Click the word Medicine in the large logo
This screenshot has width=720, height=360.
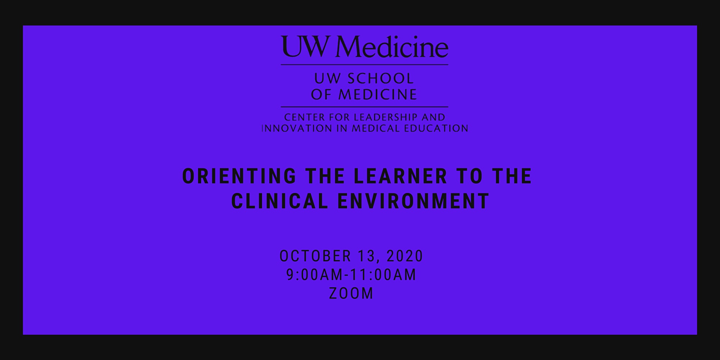point(392,47)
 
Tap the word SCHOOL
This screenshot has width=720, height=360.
point(381,78)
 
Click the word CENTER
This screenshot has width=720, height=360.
point(305,117)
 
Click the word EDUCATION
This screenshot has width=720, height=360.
point(436,129)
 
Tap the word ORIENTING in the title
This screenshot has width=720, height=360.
point(239,176)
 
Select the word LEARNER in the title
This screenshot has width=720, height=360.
point(401,176)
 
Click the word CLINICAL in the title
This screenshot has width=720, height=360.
point(280,201)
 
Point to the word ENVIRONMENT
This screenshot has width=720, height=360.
point(414,201)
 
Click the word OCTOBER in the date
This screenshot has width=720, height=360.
point(315,256)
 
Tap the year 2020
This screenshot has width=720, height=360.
point(405,256)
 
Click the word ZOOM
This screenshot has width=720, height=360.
point(351,293)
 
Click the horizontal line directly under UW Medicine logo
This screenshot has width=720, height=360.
point(364,65)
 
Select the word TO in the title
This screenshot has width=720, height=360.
point(469,176)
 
